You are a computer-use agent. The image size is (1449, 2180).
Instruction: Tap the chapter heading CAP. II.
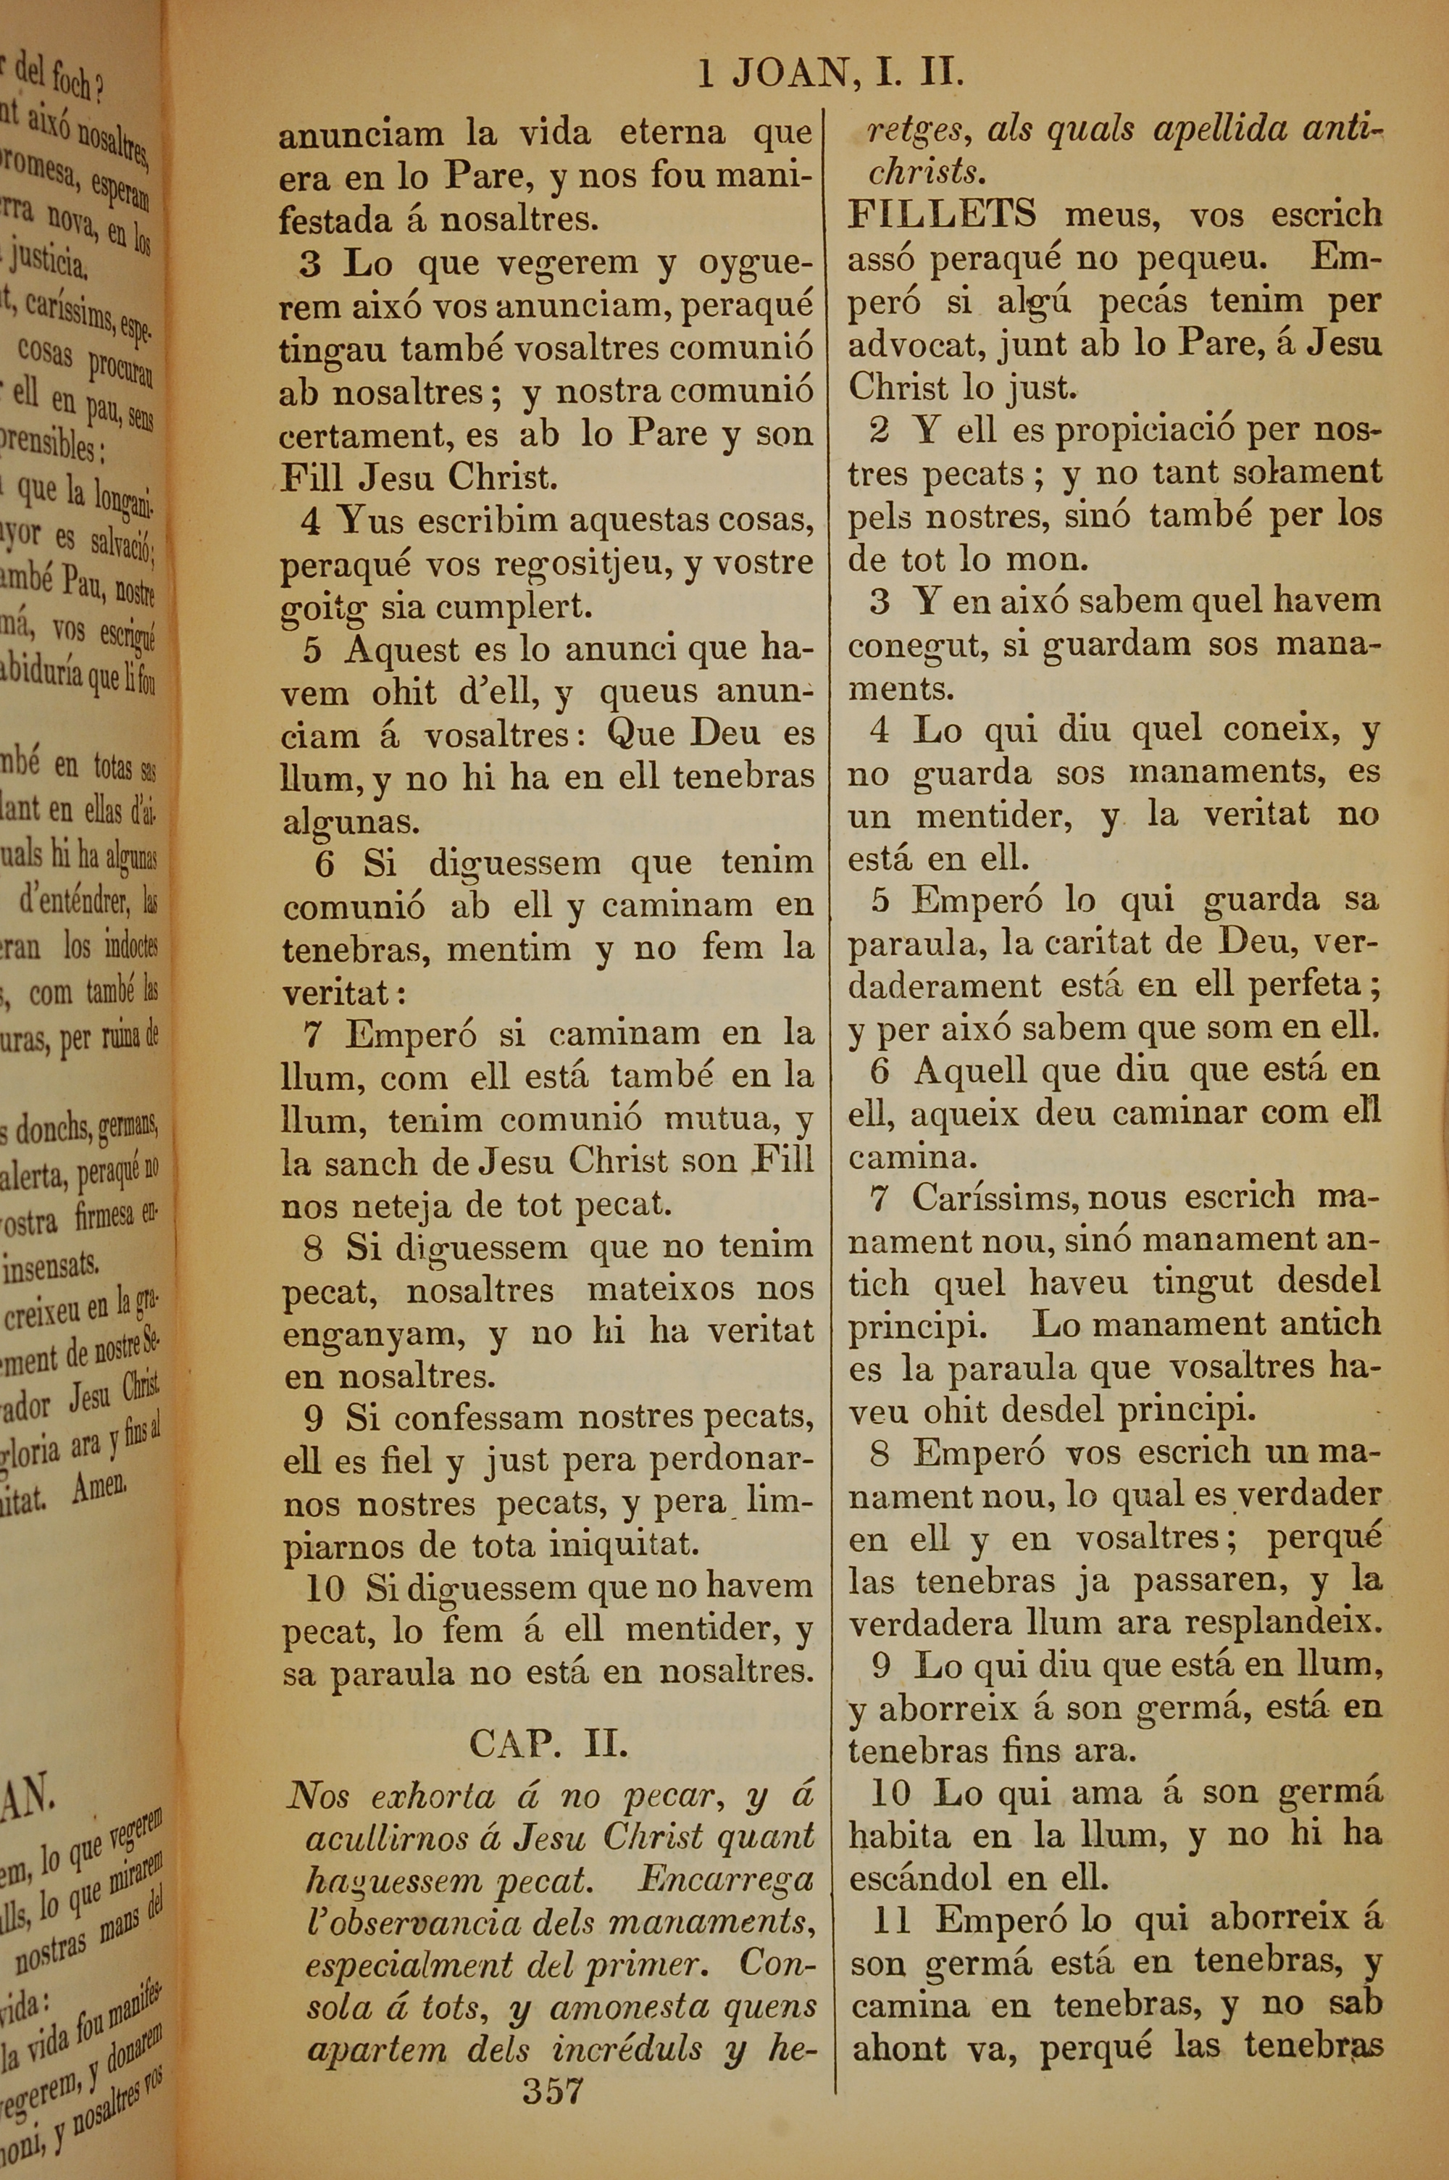[x=549, y=1743]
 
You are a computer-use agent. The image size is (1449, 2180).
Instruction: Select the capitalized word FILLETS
[x=942, y=215]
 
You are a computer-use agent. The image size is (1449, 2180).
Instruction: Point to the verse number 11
[x=892, y=1921]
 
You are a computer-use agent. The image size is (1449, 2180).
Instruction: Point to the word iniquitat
[x=625, y=1545]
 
